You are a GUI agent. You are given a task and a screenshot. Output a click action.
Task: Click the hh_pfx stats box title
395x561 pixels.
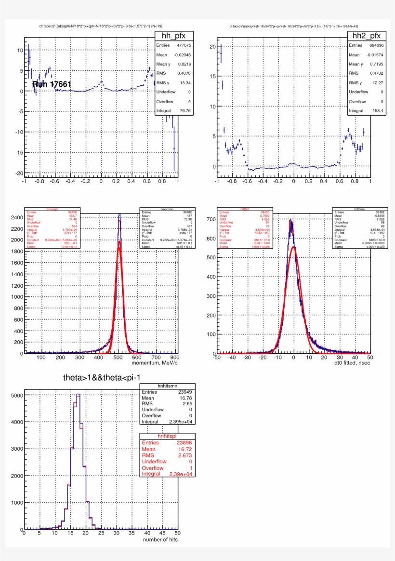(x=174, y=35)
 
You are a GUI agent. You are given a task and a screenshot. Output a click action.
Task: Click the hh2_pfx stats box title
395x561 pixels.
(x=367, y=35)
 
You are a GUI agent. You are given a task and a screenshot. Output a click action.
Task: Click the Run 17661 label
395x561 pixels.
(x=52, y=84)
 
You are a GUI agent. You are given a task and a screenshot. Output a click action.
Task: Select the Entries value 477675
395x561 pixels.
(x=181, y=45)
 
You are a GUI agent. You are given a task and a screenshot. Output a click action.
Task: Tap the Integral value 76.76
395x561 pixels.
(x=184, y=110)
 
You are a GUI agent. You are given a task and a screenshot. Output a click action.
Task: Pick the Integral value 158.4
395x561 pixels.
(x=377, y=110)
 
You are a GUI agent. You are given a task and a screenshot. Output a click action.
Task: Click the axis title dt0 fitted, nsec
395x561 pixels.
(x=348, y=362)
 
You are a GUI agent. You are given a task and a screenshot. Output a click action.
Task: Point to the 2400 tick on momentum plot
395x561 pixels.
(x=16, y=218)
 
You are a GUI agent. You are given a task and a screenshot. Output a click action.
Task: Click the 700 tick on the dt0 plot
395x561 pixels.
(x=210, y=219)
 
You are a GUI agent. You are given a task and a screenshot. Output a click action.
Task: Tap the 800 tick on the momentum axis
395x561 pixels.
(x=175, y=358)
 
